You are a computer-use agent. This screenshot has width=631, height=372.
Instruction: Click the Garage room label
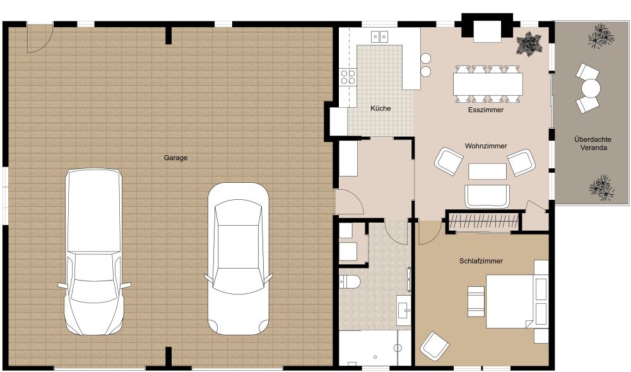(175, 158)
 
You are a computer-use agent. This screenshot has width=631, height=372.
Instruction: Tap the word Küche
(380, 108)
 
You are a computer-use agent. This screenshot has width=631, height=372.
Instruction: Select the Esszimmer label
(485, 109)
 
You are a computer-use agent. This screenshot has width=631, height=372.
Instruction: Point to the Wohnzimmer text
(486, 146)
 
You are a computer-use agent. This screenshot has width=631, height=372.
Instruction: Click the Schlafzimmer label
(480, 260)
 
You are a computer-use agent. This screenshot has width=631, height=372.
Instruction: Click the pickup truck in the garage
(94, 252)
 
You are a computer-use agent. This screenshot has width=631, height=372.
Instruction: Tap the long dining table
(487, 83)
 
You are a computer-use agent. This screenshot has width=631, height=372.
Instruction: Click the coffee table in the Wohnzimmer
(487, 171)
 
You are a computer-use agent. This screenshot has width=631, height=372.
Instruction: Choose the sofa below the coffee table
(487, 196)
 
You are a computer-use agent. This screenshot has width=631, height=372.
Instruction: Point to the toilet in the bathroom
(349, 281)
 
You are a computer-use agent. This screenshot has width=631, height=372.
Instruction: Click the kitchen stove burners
(348, 77)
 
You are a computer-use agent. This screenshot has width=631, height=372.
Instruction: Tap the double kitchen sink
(379, 37)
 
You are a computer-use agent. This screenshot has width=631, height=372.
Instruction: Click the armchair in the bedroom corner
(434, 346)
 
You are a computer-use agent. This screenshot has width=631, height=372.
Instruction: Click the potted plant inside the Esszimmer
(528, 44)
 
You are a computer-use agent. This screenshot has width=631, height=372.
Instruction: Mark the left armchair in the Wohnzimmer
(449, 161)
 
